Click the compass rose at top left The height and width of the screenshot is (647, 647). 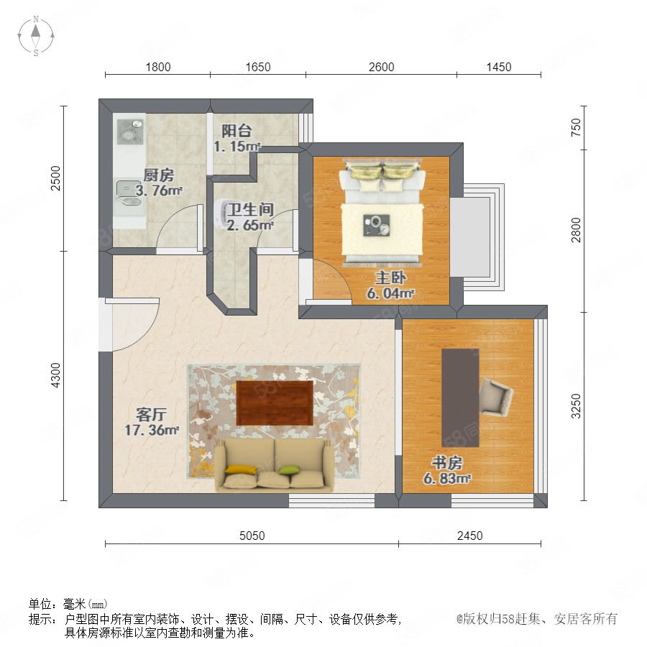click(36, 36)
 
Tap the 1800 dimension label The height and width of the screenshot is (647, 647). click(158, 67)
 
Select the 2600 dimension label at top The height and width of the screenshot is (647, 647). click(381, 67)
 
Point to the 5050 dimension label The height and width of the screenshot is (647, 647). click(252, 536)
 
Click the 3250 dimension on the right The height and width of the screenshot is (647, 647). click(576, 406)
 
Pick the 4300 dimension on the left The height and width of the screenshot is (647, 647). click(55, 375)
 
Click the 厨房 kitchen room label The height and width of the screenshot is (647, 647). click(158, 175)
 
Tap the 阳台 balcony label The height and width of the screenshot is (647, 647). click(237, 131)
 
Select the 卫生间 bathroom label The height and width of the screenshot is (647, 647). click(250, 209)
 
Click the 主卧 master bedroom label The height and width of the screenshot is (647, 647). click(390, 277)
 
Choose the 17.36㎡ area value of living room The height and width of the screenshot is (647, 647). click(152, 430)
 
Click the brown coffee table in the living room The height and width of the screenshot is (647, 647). click(275, 403)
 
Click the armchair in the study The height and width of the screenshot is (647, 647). click(496, 398)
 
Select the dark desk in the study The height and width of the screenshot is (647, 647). click(460, 398)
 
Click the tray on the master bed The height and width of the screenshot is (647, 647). click(376, 226)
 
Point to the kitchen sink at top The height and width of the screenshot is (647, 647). click(130, 132)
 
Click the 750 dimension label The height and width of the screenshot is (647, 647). click(576, 127)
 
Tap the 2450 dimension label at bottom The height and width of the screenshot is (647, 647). click(469, 536)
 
